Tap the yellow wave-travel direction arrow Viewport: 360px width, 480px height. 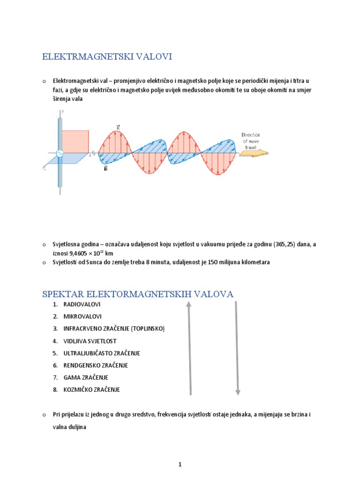click(x=256, y=153)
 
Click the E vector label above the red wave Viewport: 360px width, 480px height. click(x=118, y=127)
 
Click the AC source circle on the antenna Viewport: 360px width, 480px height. click(x=60, y=153)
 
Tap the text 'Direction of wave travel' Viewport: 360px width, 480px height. click(x=251, y=140)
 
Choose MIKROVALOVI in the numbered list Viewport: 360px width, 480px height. click(x=82, y=317)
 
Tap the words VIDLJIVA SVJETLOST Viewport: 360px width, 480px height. click(x=90, y=341)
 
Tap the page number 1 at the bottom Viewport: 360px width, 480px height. click(x=180, y=451)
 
